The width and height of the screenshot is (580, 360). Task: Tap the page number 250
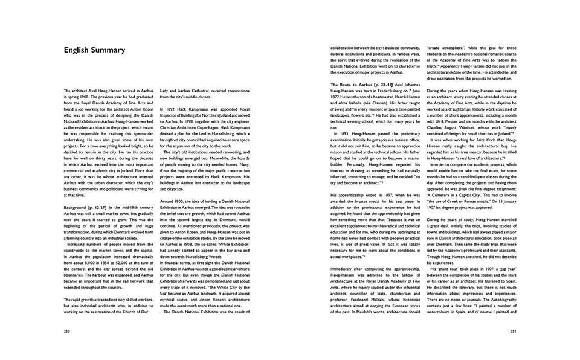click(67, 331)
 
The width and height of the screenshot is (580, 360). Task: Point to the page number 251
click(512, 331)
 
